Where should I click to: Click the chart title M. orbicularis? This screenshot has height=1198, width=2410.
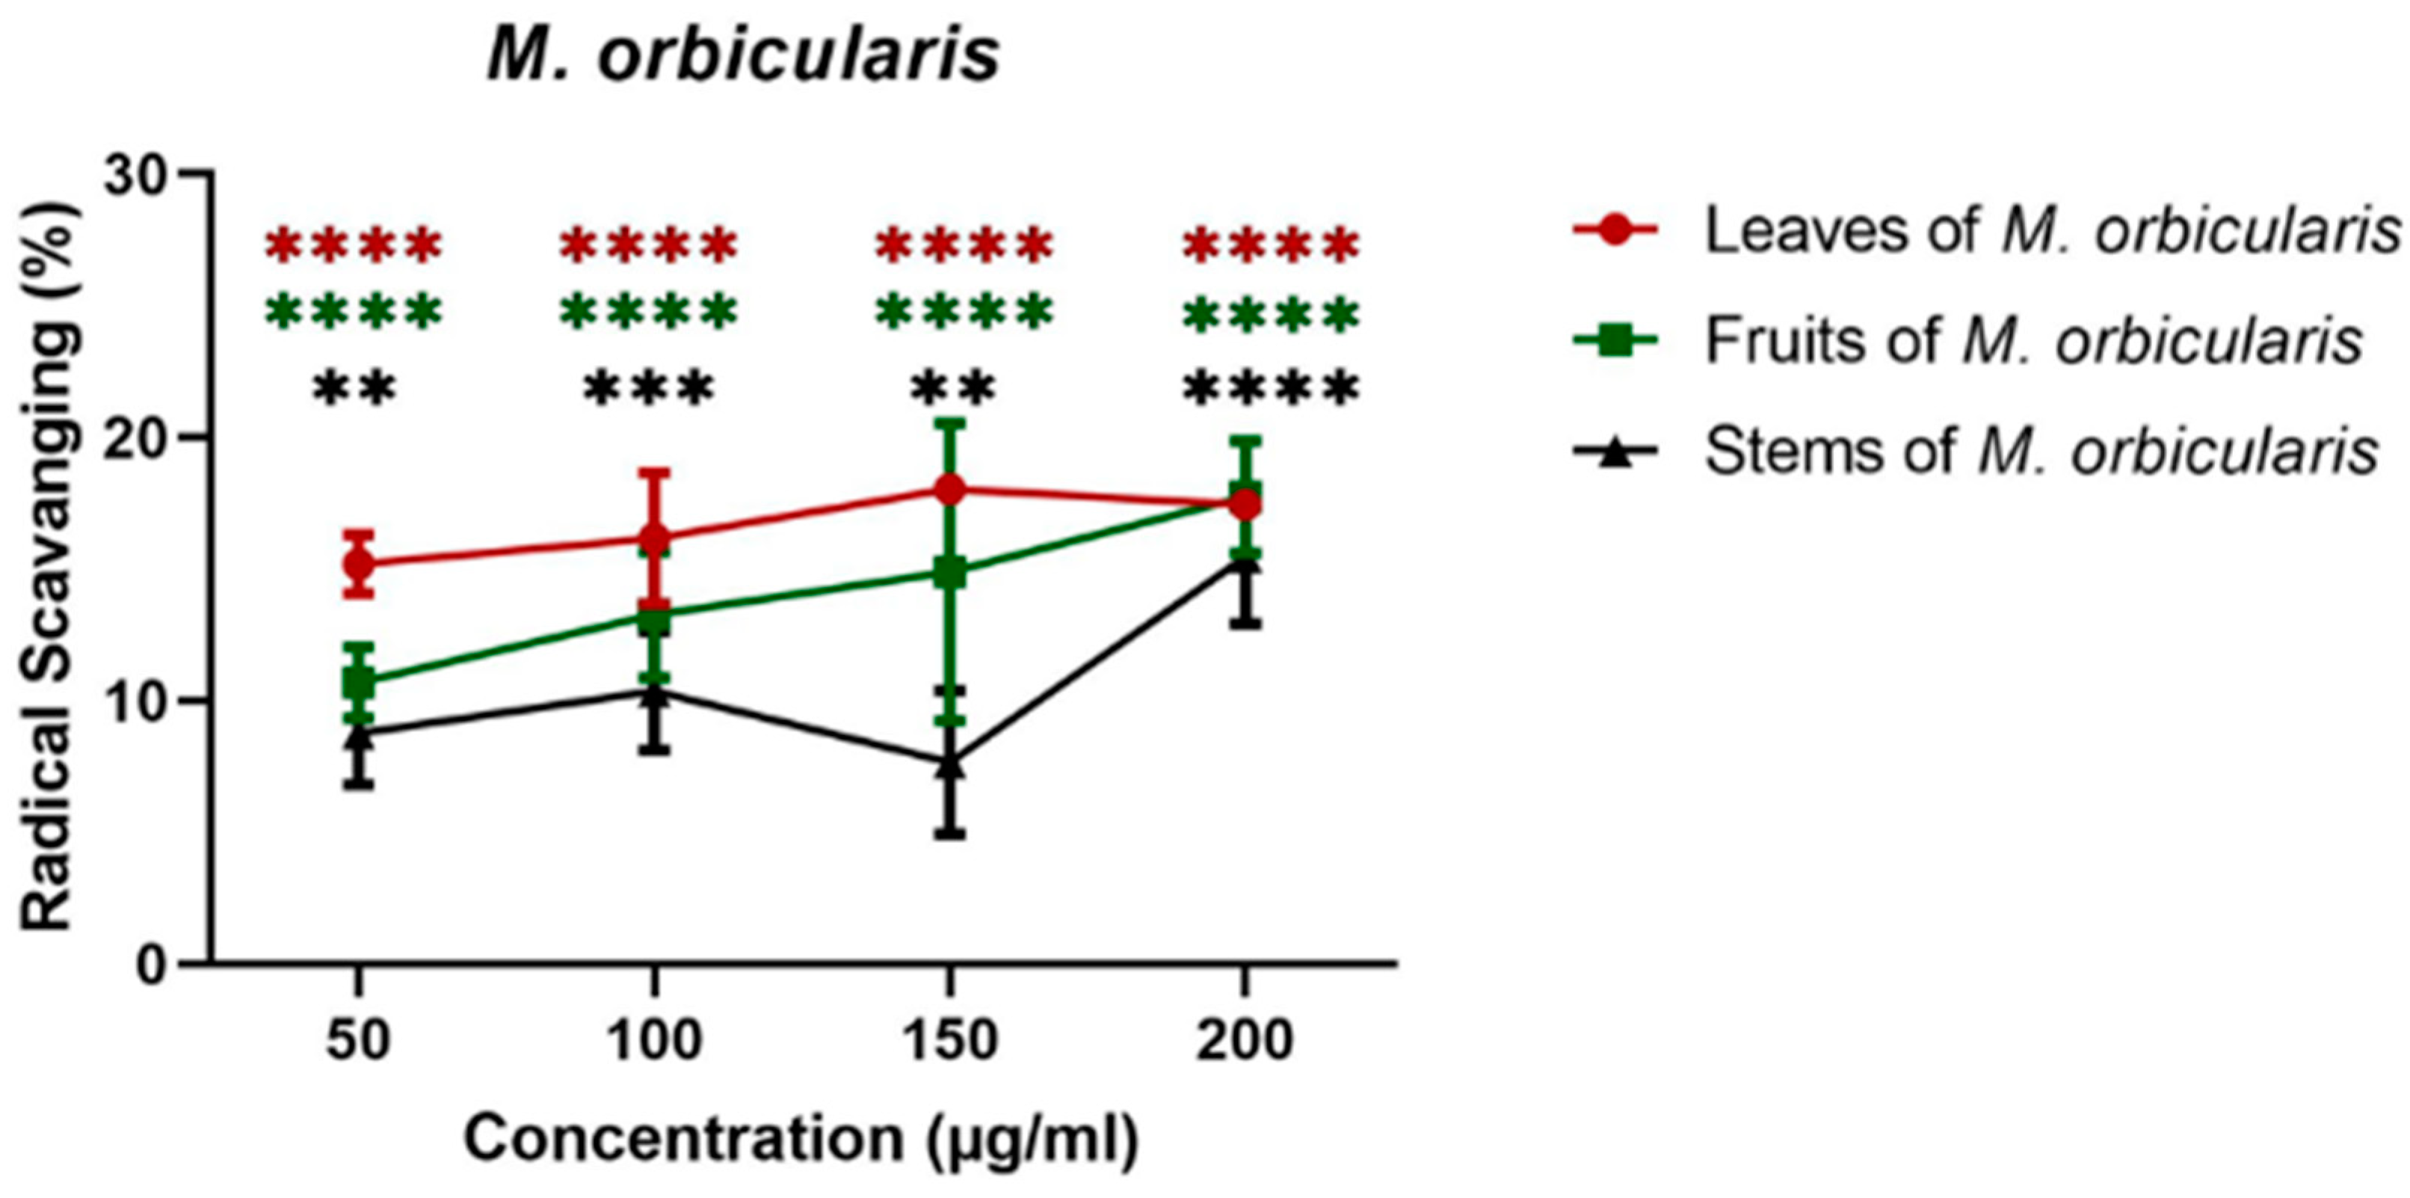click(744, 56)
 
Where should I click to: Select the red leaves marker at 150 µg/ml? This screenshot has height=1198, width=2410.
click(951, 488)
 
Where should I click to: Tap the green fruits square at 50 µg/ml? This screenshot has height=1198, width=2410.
click(358, 681)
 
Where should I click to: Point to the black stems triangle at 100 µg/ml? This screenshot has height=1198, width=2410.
click(655, 692)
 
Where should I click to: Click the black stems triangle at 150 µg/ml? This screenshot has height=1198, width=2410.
click(951, 764)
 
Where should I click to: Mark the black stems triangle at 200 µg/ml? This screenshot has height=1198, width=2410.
click(1245, 562)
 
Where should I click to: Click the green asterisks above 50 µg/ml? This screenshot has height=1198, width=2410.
click(353, 313)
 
